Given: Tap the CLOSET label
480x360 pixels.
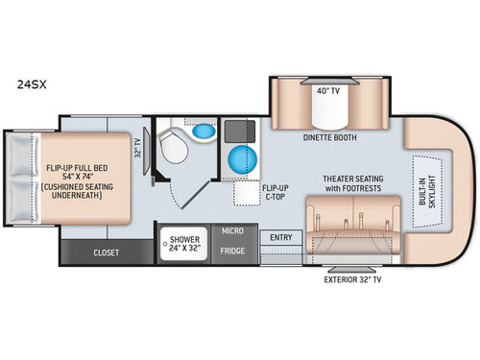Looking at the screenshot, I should [107, 254].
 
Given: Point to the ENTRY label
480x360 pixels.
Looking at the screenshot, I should [281, 237].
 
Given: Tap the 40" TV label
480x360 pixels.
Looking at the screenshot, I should [329, 90].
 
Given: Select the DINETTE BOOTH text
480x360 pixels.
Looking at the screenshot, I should [329, 136].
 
